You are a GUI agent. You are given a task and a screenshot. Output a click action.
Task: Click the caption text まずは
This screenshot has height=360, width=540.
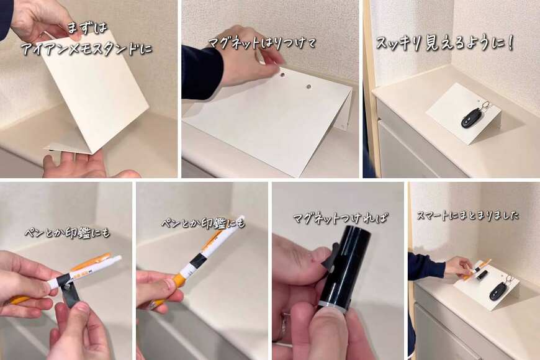pyautogui.click(x=88, y=29)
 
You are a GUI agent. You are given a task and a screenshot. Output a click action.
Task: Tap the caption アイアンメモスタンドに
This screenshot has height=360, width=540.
pyautogui.click(x=86, y=48)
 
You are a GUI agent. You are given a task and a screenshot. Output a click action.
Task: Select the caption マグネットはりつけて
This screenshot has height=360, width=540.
pyautogui.click(x=262, y=43)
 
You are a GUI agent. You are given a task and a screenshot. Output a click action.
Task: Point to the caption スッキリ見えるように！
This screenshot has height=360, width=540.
pyautogui.click(x=445, y=43)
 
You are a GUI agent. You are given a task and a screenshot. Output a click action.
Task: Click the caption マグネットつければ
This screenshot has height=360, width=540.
pyautogui.click(x=340, y=218)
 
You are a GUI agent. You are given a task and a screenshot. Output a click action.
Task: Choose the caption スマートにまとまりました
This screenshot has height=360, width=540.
pyautogui.click(x=467, y=215)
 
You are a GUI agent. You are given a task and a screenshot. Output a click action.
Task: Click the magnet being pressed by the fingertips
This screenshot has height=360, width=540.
pyautogui.click(x=283, y=73)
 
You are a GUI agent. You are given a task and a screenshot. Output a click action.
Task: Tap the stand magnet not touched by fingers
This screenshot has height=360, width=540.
pyautogui.click(x=308, y=87)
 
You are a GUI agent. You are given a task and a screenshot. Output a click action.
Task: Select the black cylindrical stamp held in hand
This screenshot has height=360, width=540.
pyautogui.click(x=346, y=268)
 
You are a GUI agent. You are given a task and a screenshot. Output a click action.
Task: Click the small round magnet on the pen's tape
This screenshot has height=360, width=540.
pyautogui.click(x=67, y=284)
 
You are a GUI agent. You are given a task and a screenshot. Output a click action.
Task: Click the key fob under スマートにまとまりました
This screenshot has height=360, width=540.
pyautogui.click(x=497, y=291)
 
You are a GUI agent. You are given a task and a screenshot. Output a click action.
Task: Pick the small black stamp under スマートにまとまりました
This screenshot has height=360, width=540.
pyautogui.click(x=482, y=275)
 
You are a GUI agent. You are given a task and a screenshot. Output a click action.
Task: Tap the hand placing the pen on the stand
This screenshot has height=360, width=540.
pyautogui.click(x=459, y=267)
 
